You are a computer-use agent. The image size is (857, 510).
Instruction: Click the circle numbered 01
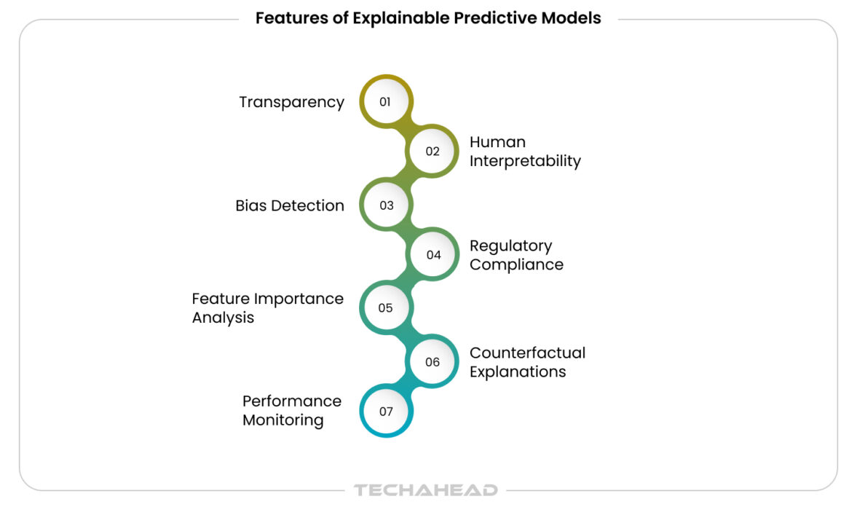tap(386, 102)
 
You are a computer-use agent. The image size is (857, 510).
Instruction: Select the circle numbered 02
tap(433, 152)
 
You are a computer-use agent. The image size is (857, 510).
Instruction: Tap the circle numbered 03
tap(386, 205)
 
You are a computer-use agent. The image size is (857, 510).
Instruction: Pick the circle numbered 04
tap(433, 255)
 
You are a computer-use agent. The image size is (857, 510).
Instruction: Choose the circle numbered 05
tap(386, 307)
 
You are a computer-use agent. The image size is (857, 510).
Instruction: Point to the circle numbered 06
tap(433, 362)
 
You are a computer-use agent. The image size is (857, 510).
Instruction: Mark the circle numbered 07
tap(386, 411)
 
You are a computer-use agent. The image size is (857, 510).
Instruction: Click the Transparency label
tap(291, 102)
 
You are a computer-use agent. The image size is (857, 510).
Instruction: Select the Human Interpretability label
tap(524, 152)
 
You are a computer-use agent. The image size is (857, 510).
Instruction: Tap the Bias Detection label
tap(290, 205)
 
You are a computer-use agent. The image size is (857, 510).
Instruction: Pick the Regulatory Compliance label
tap(516, 255)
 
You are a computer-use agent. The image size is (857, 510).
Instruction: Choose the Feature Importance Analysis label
tap(267, 308)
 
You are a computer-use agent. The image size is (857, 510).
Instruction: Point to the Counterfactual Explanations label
tap(526, 362)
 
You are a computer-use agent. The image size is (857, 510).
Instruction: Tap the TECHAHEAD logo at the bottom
tap(426, 490)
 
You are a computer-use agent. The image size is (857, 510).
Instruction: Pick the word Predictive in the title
tap(494, 18)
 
